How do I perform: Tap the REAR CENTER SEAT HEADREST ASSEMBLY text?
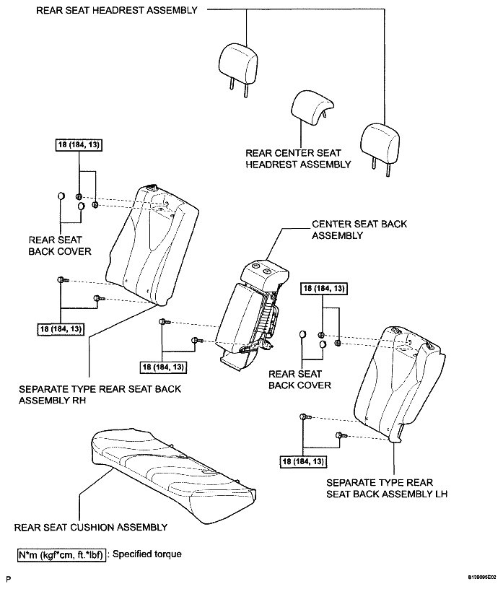click(x=298, y=159)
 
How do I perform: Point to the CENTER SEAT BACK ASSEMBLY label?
click(x=359, y=230)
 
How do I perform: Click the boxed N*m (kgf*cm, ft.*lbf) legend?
click(x=62, y=554)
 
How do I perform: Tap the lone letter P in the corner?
click(x=8, y=578)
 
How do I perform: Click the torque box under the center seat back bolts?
click(x=164, y=367)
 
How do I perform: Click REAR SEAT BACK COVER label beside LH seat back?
click(x=299, y=380)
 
